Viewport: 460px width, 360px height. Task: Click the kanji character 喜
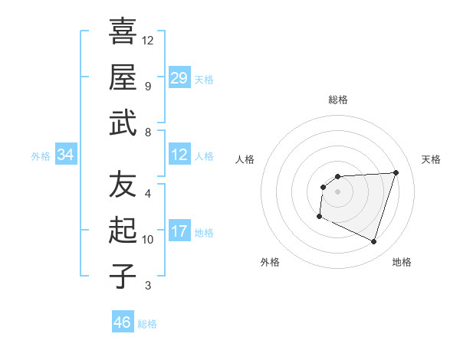point(123,31)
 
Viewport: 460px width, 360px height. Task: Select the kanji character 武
point(123,123)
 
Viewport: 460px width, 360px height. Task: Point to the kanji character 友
point(123,184)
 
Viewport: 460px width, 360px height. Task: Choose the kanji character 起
point(123,231)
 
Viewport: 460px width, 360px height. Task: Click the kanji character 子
point(123,276)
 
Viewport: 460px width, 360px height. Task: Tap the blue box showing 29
point(179,77)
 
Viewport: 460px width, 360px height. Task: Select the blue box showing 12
point(179,155)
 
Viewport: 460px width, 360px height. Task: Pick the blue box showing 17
point(179,231)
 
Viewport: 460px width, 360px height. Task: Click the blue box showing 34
point(66,155)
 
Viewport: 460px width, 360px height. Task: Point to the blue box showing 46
point(123,322)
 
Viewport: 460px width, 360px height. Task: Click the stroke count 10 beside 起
point(148,240)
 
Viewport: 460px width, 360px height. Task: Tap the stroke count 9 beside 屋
point(148,85)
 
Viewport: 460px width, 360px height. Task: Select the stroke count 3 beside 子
point(148,286)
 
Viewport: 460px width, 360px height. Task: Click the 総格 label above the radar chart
point(338,100)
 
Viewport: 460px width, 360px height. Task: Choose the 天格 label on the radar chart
point(431,159)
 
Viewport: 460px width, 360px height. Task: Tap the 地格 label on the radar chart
point(402,262)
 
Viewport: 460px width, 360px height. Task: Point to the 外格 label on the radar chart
point(270,262)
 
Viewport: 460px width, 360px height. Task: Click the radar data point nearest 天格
point(396,172)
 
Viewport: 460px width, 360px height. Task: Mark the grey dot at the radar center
point(338,191)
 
